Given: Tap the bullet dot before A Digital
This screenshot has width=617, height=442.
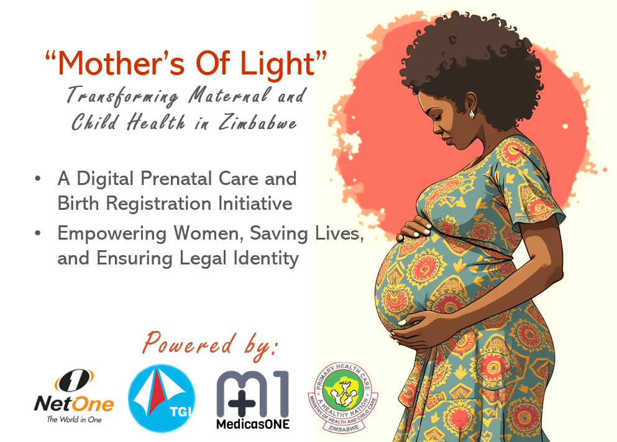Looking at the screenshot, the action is click(x=38, y=179).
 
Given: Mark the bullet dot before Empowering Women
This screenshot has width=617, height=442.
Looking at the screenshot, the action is click(x=38, y=233).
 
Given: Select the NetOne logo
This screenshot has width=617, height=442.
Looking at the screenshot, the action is click(x=74, y=396).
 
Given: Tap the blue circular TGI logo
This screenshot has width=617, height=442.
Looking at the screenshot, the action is click(x=162, y=398).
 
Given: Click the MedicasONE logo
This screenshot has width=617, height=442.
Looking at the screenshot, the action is click(x=253, y=399).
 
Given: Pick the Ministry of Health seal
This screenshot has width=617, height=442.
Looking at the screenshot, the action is click(x=343, y=397).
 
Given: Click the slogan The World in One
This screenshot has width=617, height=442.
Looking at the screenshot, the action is click(x=74, y=420).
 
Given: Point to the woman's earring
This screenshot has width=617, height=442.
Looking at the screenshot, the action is click(x=472, y=114).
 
